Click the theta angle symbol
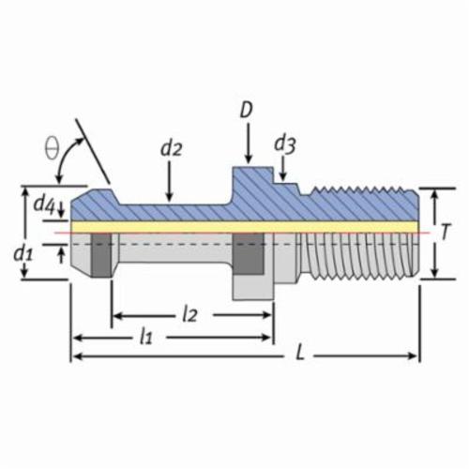52,150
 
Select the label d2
171,149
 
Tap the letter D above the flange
247,110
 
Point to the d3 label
285,144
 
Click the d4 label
44,204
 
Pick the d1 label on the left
23,253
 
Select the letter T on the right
446,232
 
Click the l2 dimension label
190,314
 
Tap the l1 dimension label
146,337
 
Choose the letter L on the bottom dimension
299,354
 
